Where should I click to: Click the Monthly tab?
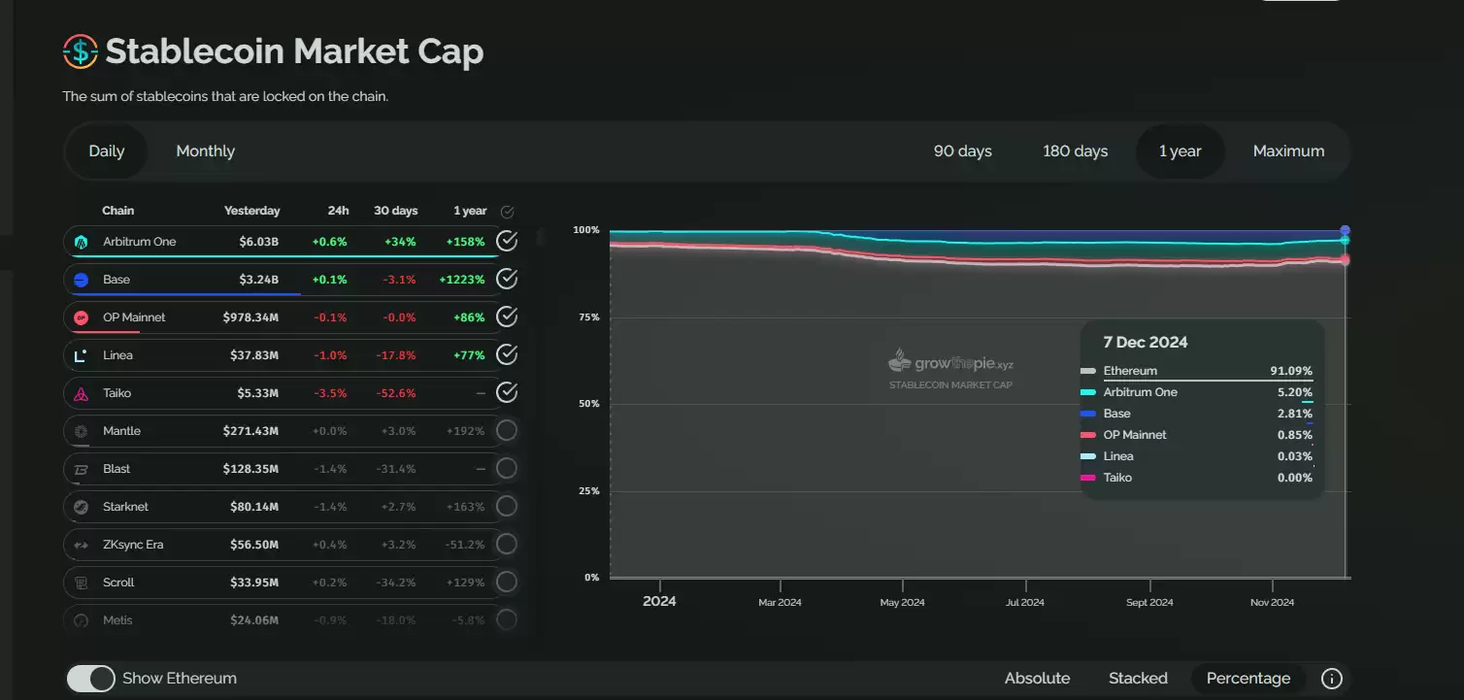click(205, 151)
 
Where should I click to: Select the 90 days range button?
click(962, 151)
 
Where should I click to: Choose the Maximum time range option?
click(1288, 151)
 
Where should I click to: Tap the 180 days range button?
click(1075, 151)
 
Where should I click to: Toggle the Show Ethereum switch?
click(90, 679)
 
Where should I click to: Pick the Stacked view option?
click(1138, 679)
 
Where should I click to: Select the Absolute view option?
click(1037, 679)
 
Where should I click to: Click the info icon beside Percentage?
click(1332, 679)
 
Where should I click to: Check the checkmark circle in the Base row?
click(507, 280)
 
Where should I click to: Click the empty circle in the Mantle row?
click(507, 431)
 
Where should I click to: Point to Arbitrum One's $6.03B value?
click(259, 242)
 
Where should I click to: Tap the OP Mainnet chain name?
click(134, 317)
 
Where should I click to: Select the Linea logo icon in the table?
click(82, 355)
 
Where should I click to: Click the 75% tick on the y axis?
click(586, 317)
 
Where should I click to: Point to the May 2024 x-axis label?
click(902, 603)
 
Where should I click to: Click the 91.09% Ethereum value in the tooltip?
click(1291, 371)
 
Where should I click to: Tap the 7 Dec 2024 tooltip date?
click(1146, 342)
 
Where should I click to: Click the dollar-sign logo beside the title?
click(80, 51)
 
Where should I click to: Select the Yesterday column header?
click(251, 211)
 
